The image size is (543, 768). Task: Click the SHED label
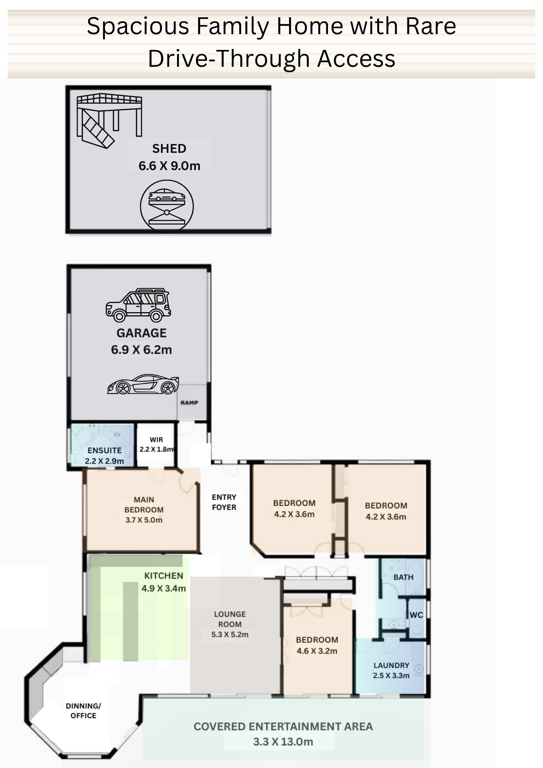(169, 149)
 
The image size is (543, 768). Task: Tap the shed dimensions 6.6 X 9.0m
(169, 166)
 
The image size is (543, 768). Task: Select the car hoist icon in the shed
(167, 206)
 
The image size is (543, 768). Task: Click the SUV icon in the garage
(138, 305)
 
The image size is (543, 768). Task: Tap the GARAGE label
(141, 333)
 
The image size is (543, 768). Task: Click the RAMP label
(189, 402)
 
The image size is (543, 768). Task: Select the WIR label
(156, 440)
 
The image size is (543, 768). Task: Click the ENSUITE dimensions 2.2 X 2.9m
(104, 461)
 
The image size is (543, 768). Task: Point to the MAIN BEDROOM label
(144, 505)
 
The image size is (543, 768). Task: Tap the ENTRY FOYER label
(224, 502)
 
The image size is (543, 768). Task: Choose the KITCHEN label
(164, 576)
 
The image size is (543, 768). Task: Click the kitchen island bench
(130, 621)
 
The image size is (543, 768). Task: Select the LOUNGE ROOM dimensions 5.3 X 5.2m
(230, 634)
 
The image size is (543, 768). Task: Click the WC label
(416, 615)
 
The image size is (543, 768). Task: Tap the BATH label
(403, 577)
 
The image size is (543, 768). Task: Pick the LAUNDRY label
(391, 665)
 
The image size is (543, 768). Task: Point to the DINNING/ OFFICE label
(83, 710)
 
